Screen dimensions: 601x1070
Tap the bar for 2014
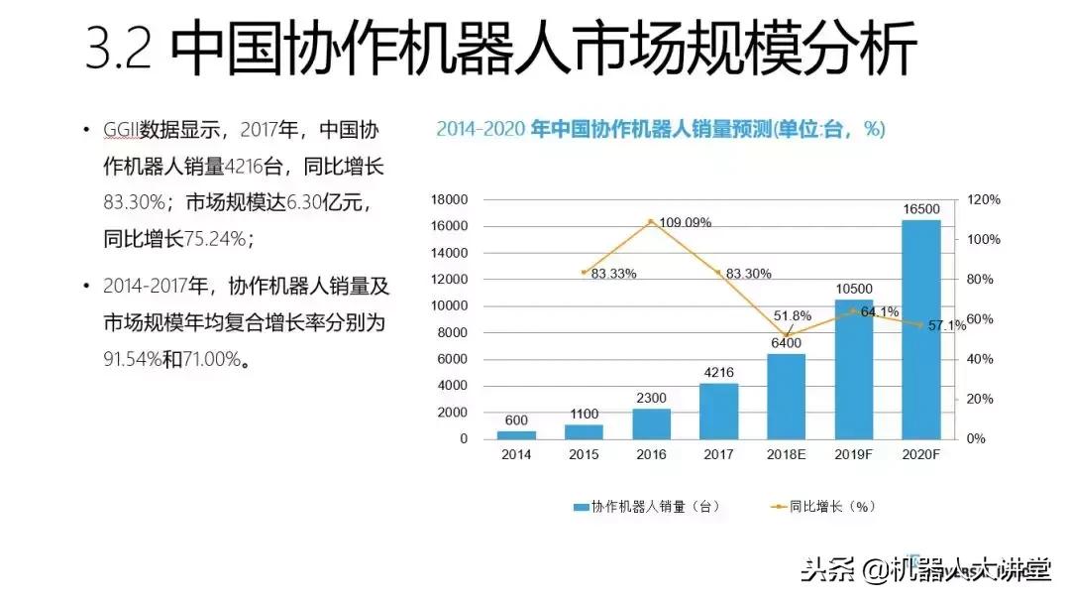tap(516, 434)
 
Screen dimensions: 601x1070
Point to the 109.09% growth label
tap(685, 222)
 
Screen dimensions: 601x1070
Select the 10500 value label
tap(853, 289)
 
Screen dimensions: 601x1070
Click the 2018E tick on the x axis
tap(786, 455)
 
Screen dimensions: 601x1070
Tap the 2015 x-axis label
tap(584, 455)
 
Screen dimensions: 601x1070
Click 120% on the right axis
tap(985, 199)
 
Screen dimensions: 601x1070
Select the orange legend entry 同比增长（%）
tap(822, 506)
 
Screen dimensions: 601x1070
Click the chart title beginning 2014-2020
tap(661, 130)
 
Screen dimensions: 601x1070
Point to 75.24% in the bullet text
tap(218, 238)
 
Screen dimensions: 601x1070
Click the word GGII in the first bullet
tap(121, 131)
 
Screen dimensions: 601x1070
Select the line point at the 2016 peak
tap(651, 221)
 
